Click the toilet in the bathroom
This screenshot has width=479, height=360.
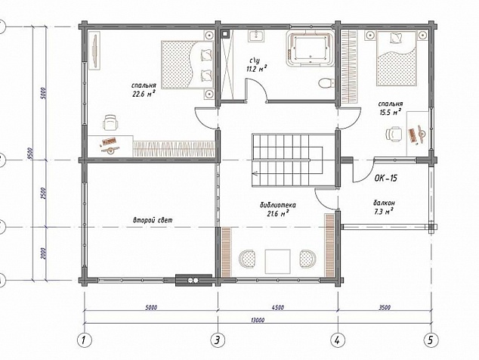326,83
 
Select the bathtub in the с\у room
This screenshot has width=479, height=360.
310,48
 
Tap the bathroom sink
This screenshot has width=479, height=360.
256,36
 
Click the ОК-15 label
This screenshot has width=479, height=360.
386,178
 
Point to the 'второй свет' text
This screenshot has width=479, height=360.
153,220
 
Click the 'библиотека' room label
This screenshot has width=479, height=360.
278,205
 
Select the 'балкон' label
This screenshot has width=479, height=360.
384,203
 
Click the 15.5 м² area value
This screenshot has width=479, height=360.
390,112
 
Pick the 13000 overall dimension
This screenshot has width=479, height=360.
258,320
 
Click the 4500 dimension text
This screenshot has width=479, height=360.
277,307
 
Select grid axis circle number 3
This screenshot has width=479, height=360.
218,340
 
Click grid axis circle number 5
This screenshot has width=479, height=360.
431,340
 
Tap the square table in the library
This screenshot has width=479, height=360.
278,262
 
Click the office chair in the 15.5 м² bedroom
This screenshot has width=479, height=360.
394,135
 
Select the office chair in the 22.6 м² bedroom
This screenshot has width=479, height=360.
110,123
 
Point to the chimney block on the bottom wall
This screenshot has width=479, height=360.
193,280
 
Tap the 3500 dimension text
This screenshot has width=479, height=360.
385,307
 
